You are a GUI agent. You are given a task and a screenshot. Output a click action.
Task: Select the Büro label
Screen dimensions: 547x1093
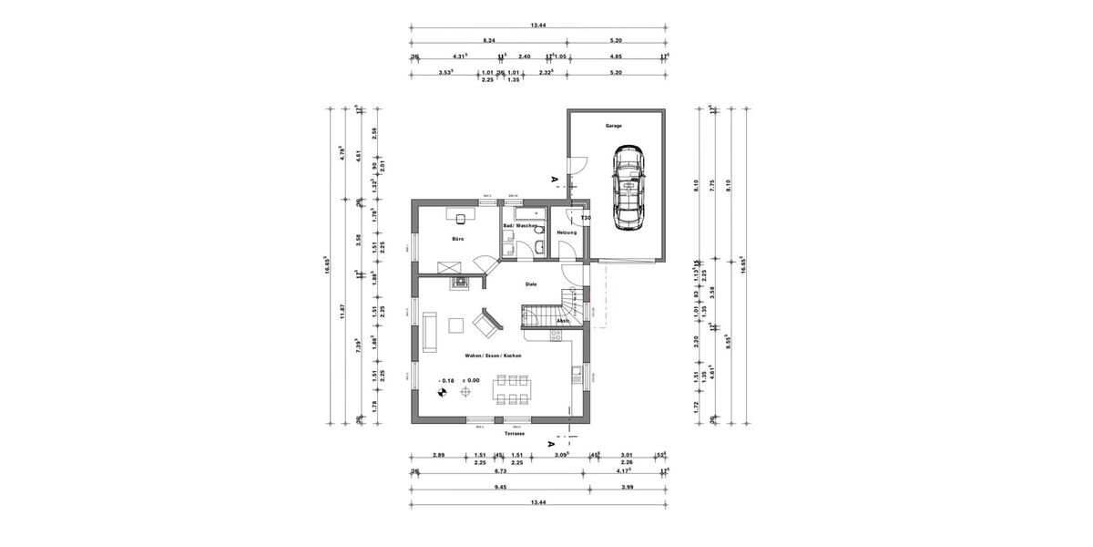(458, 239)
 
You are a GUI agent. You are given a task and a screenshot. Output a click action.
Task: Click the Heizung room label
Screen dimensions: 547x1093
(567, 232)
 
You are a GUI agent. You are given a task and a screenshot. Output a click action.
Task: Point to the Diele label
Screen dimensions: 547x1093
(531, 284)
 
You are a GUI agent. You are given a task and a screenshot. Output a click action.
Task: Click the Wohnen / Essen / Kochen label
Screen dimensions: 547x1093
(493, 355)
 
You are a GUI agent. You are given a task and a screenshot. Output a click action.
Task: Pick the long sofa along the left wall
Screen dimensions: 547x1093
(429, 329)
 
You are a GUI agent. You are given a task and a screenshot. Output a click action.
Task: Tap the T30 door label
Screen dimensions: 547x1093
(587, 219)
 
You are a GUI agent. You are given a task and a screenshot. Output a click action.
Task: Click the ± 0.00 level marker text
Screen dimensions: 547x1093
(471, 380)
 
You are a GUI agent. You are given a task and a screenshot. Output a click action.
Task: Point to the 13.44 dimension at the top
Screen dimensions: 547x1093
(537, 26)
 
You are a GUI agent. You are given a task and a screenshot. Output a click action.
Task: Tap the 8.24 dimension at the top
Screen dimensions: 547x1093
(488, 40)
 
